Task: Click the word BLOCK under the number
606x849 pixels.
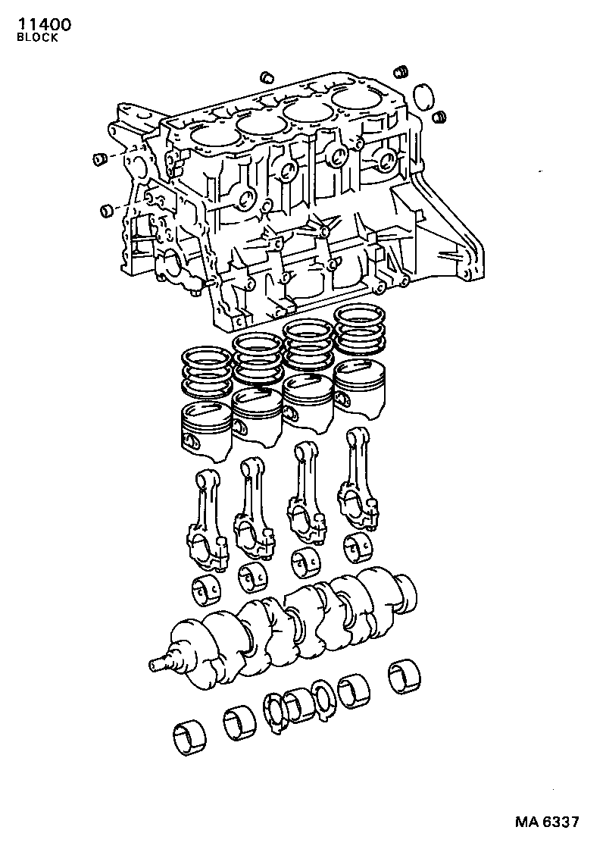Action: [x=37, y=39]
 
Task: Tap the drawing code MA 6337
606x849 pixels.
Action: [x=546, y=822]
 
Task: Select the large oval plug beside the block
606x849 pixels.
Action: [x=423, y=96]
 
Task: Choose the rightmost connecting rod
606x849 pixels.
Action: [x=356, y=478]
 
